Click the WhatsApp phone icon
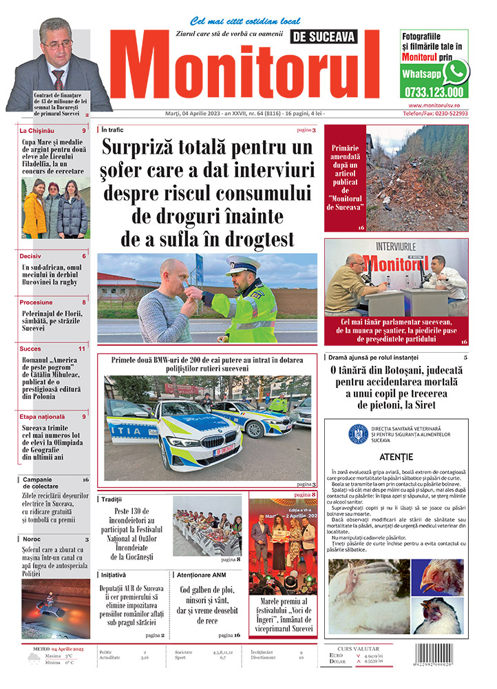click(456, 72)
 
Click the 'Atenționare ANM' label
click(201, 574)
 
